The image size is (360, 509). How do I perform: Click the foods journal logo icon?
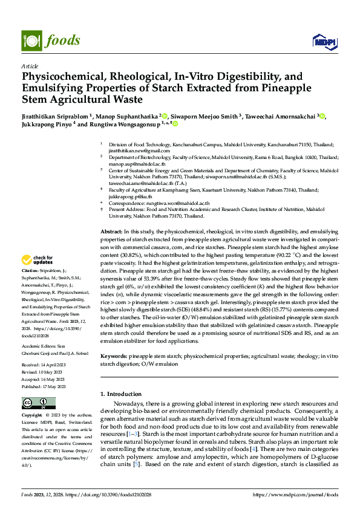pos(32,41)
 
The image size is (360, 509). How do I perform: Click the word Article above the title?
pos(29,66)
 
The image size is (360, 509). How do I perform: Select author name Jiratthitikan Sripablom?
pos(54,115)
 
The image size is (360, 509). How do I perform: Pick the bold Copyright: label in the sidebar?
pos(32,415)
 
